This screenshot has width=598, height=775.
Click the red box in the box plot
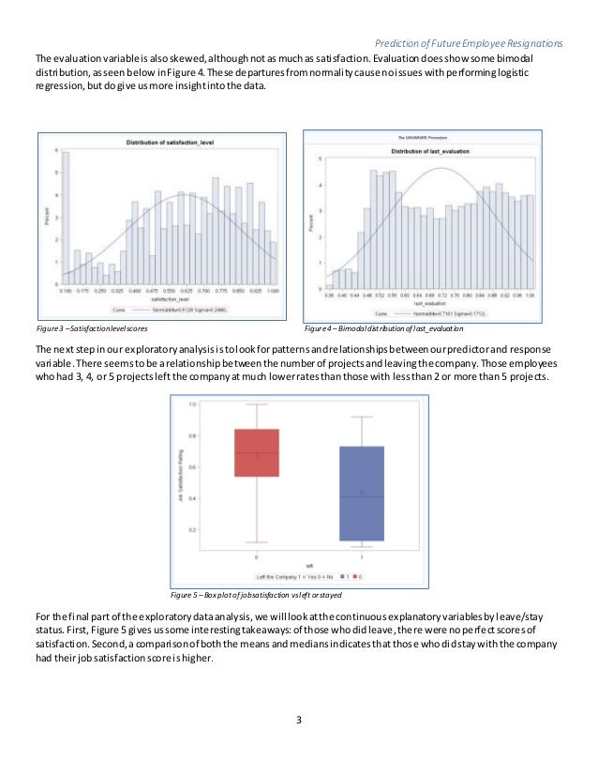pyautogui.click(x=256, y=452)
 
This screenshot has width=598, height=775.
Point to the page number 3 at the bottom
pyautogui.click(x=298, y=720)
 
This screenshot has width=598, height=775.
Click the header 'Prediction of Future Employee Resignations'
pyautogui.click(x=469, y=43)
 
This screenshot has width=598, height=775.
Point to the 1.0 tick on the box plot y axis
pyautogui.click(x=191, y=404)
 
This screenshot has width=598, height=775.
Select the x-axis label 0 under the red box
pyautogui.click(x=256, y=555)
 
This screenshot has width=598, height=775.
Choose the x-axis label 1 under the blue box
pyautogui.click(x=361, y=555)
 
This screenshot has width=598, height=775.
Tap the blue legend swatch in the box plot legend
pyautogui.click(x=343, y=575)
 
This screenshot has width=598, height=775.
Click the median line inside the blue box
pyautogui.click(x=361, y=496)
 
